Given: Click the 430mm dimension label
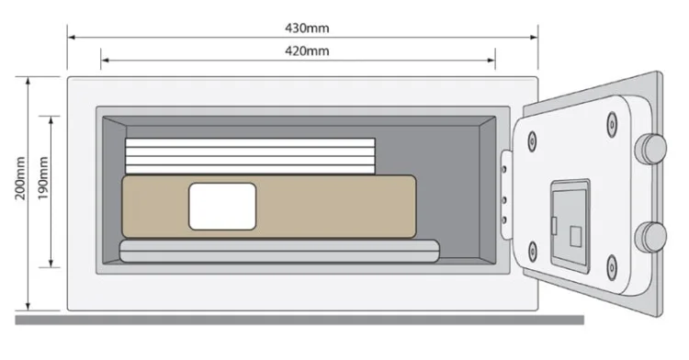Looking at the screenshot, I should (302, 27).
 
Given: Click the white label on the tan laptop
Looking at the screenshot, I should (222, 206).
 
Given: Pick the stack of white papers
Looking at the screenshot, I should (250, 155).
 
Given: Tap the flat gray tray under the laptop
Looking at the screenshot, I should (279, 251).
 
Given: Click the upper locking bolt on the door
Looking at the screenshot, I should (651, 149).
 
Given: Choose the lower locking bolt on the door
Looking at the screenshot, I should (651, 236).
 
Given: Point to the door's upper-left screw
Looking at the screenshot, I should (532, 141).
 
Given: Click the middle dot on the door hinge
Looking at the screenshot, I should (504, 195).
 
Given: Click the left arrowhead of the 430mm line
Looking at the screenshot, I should (70, 38).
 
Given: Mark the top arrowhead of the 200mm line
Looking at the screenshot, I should (28, 80).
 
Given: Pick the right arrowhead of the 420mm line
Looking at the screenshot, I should (493, 61).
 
